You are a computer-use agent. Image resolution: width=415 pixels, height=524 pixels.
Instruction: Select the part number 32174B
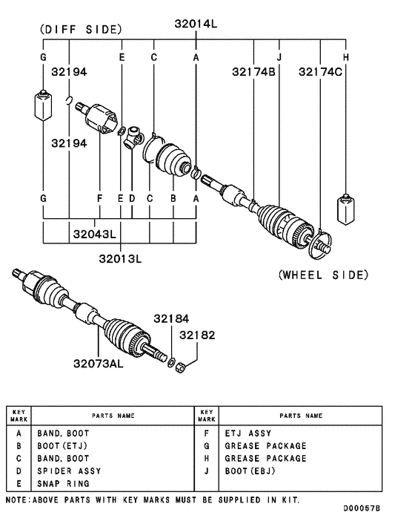point(253,72)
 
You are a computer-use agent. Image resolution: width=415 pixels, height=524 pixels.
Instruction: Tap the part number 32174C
point(320,72)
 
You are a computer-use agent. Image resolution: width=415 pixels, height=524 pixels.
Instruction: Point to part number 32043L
point(94,235)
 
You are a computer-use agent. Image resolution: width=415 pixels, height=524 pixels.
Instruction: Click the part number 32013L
point(119,258)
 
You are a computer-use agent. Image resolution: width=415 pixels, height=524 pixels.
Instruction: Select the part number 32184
point(172,318)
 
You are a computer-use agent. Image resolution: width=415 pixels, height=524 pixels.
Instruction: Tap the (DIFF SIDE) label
point(80,30)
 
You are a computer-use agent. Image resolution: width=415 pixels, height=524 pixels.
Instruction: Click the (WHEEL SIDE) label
point(323,275)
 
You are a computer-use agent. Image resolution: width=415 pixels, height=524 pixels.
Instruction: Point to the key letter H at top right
point(345,57)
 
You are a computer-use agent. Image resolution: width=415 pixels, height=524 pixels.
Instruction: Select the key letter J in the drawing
point(279,57)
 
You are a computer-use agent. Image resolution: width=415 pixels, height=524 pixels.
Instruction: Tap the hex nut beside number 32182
point(181,366)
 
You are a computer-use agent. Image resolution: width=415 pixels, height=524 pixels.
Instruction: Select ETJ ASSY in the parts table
point(248,433)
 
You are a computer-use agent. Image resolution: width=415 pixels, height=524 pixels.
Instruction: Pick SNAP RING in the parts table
point(63,483)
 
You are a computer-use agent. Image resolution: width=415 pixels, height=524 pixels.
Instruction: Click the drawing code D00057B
point(362,509)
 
